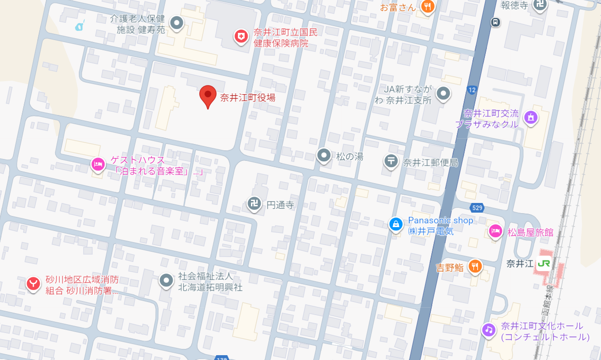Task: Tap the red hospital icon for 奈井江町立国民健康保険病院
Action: [241, 36]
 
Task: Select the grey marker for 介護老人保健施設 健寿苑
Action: [177, 23]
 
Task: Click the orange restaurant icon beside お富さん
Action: [427, 7]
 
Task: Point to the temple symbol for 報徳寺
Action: [540, 5]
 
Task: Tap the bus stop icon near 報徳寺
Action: [495, 22]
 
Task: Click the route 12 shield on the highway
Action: [472, 90]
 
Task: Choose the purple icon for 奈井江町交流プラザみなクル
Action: [530, 117]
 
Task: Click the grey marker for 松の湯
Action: [324, 155]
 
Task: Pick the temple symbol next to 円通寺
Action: [254, 203]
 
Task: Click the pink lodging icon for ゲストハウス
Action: [98, 165]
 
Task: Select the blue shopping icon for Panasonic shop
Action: [396, 224]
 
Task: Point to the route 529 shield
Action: [477, 208]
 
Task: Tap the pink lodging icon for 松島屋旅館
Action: [495, 231]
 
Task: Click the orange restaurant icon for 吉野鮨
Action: [476, 266]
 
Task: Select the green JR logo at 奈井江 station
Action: [543, 264]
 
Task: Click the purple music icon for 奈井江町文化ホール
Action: [489, 330]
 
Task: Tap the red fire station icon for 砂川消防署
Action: [33, 284]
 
